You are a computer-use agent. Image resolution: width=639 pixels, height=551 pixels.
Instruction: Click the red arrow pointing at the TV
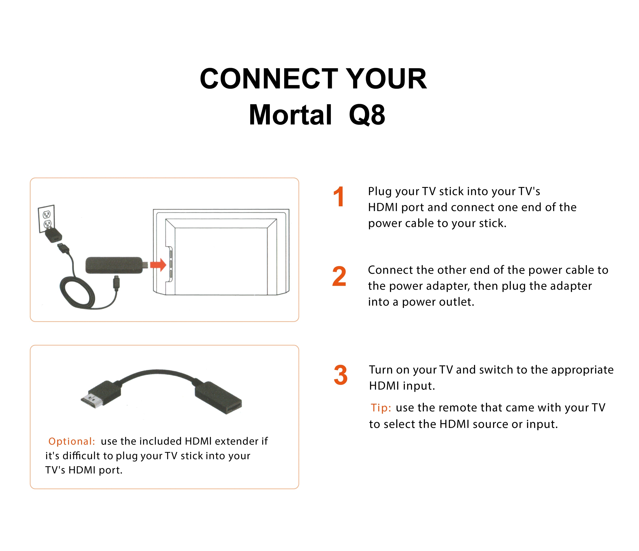[158, 265]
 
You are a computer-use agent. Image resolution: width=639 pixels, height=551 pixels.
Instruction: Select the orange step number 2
[339, 276]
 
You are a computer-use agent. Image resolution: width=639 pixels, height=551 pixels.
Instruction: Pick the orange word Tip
[381, 408]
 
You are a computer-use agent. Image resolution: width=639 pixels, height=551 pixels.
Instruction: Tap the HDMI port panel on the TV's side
[171, 264]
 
